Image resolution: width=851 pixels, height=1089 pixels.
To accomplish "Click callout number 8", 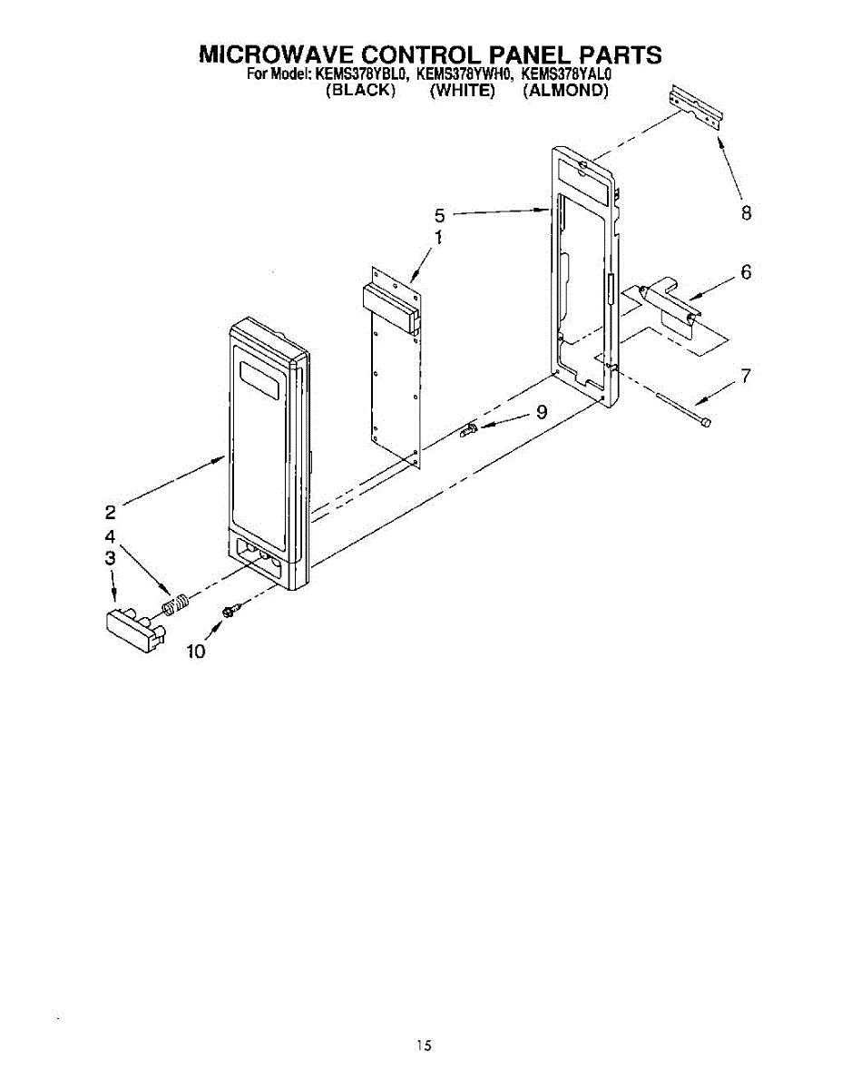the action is pyautogui.click(x=746, y=213).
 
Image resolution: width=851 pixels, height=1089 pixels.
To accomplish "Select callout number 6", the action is pyautogui.click(x=746, y=271).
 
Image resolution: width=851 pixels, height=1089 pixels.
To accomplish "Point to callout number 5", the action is pyautogui.click(x=439, y=215).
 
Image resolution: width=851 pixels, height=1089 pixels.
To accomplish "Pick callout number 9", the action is pyautogui.click(x=541, y=411).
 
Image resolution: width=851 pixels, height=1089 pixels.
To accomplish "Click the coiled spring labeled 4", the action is pyautogui.click(x=176, y=601).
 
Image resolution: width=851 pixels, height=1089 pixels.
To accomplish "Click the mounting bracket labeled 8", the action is pyautogui.click(x=697, y=106).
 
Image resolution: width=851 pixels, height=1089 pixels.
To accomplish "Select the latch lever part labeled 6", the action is pyautogui.click(x=670, y=306).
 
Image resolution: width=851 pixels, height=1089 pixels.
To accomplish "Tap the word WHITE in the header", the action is pyautogui.click(x=463, y=91).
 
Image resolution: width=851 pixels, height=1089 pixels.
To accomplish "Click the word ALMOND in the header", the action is pyautogui.click(x=565, y=91).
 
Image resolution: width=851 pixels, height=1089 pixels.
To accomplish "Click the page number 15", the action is pyautogui.click(x=424, y=1046).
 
